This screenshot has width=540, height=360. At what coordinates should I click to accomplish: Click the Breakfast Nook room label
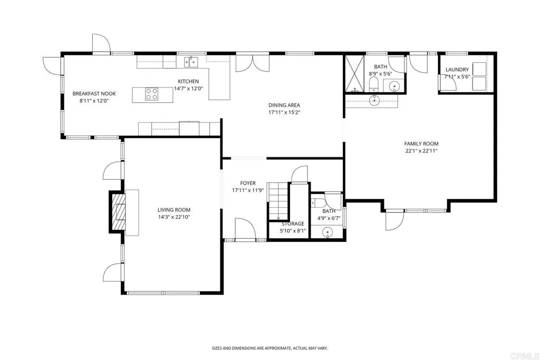94,94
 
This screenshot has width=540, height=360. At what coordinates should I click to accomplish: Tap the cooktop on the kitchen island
151,94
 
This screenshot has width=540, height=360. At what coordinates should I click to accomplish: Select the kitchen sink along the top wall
190,62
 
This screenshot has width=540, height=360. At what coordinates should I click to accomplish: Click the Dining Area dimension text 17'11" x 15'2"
284,112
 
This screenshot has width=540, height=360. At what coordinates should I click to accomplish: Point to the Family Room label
421,143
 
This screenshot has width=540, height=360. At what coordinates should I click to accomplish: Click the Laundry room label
457,70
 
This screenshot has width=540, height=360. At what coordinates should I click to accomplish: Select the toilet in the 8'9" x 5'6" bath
373,85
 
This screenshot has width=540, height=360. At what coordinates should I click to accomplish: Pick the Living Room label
173,210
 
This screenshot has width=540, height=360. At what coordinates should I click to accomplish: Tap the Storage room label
292,223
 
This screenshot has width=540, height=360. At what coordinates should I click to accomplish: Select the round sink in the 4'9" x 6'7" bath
327,231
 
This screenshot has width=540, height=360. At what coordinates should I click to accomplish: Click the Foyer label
248,183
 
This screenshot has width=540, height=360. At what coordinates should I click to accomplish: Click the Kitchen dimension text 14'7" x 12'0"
188,89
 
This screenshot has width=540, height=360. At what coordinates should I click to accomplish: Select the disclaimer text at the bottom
269,348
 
